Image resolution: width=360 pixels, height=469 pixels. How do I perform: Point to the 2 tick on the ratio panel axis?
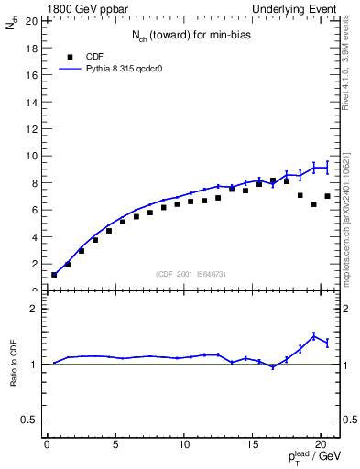[35, 310]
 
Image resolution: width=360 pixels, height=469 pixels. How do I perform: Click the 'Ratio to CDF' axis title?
[14, 378]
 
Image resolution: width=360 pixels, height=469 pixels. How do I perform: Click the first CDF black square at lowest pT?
[54, 275]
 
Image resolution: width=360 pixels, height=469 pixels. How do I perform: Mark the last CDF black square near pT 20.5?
[327, 196]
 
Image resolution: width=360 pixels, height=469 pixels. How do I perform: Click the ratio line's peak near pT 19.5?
[314, 336]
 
